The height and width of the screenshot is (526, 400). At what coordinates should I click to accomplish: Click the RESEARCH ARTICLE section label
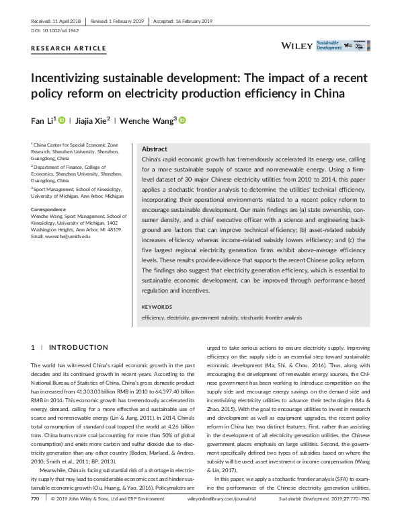(x=68, y=48)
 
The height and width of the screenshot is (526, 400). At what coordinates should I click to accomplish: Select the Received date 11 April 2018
(x=61, y=20)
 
